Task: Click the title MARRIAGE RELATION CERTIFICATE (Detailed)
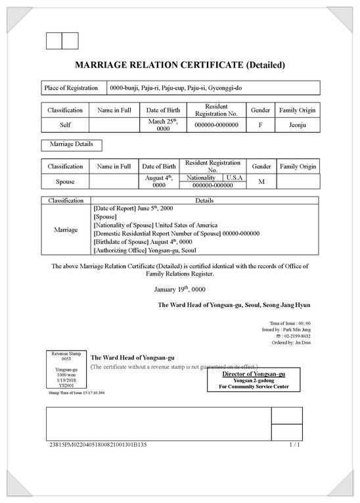(180, 65)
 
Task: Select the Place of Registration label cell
(70, 88)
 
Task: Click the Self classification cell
(65, 125)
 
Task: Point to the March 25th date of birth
(158, 125)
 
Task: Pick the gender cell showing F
(260, 125)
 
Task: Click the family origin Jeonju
(298, 125)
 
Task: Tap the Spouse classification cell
(65, 181)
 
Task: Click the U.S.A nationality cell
(235, 178)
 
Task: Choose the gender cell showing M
(261, 181)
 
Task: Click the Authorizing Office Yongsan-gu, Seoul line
(145, 250)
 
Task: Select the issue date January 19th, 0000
(180, 289)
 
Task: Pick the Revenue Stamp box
(66, 370)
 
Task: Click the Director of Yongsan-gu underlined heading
(253, 373)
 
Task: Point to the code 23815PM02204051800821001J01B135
(98, 445)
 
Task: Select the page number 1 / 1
(294, 445)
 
